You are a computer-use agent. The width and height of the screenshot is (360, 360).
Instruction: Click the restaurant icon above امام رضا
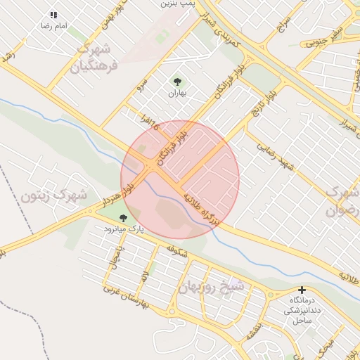click(x=53, y=15)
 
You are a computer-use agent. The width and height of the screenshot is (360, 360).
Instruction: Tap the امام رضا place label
click(x=53, y=25)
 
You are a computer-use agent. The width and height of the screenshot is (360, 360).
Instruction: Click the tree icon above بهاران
click(x=176, y=82)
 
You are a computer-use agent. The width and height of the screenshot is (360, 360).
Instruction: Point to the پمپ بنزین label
click(x=177, y=4)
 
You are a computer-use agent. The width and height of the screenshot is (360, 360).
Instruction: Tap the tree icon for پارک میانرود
click(x=124, y=219)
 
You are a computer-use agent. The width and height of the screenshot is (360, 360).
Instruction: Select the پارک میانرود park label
click(x=124, y=229)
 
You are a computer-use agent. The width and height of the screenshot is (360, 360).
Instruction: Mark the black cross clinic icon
click(x=302, y=290)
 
